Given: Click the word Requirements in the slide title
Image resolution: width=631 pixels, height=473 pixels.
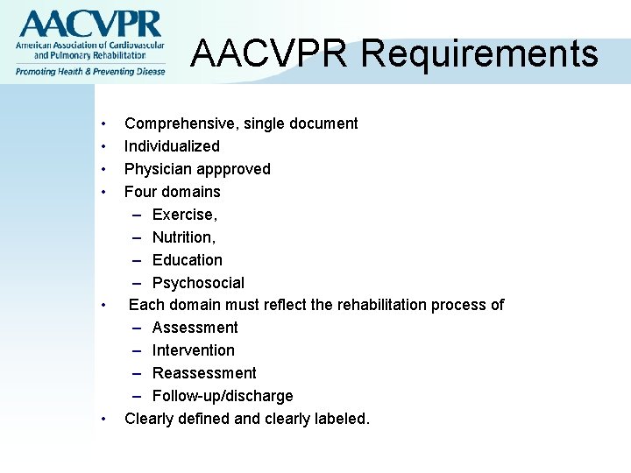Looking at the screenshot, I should point(479,53).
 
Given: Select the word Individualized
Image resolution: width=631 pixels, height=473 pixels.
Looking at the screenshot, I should point(172,146).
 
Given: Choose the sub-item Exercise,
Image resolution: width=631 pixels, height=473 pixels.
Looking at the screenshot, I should point(185,215).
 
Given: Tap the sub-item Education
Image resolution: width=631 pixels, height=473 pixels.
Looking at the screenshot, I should point(188,260).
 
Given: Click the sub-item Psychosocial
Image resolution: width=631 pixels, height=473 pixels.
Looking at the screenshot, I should point(198,283).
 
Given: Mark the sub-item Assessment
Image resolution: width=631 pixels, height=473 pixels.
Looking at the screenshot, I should point(195,328).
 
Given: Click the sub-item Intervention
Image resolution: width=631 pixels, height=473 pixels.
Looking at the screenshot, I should point(194,350).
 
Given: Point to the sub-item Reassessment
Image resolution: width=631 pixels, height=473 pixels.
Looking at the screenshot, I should point(204,373).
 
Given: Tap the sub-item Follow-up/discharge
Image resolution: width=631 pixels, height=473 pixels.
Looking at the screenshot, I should point(223,396).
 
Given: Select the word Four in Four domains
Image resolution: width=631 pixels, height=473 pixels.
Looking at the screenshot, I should point(140,192).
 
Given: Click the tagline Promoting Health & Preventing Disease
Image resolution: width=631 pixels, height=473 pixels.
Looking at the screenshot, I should point(89,71).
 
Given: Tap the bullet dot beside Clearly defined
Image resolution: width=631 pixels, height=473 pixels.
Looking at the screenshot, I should point(104,419).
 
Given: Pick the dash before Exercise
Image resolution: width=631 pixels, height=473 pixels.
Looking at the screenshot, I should point(139,215).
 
